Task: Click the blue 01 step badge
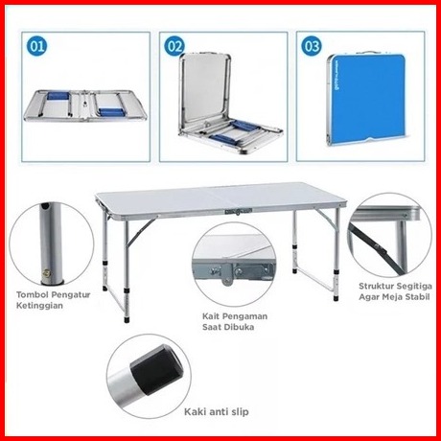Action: pyautogui.click(x=36, y=46)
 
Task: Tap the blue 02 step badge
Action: pyautogui.click(x=174, y=46)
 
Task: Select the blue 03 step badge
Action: pyautogui.click(x=312, y=46)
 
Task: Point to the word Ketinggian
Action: pyautogui.click(x=39, y=306)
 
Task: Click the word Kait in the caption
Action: pyautogui.click(x=211, y=316)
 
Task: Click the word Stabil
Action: pyautogui.click(x=417, y=297)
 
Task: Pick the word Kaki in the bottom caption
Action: pyautogui.click(x=195, y=411)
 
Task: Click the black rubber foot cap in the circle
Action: pyautogui.click(x=156, y=370)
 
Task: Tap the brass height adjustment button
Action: pyautogui.click(x=47, y=273)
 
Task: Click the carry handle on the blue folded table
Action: pyautogui.click(x=367, y=53)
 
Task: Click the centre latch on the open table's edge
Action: pyautogui.click(x=238, y=211)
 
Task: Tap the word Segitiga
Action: pyautogui.click(x=415, y=286)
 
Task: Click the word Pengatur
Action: pyautogui.click(x=71, y=294)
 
